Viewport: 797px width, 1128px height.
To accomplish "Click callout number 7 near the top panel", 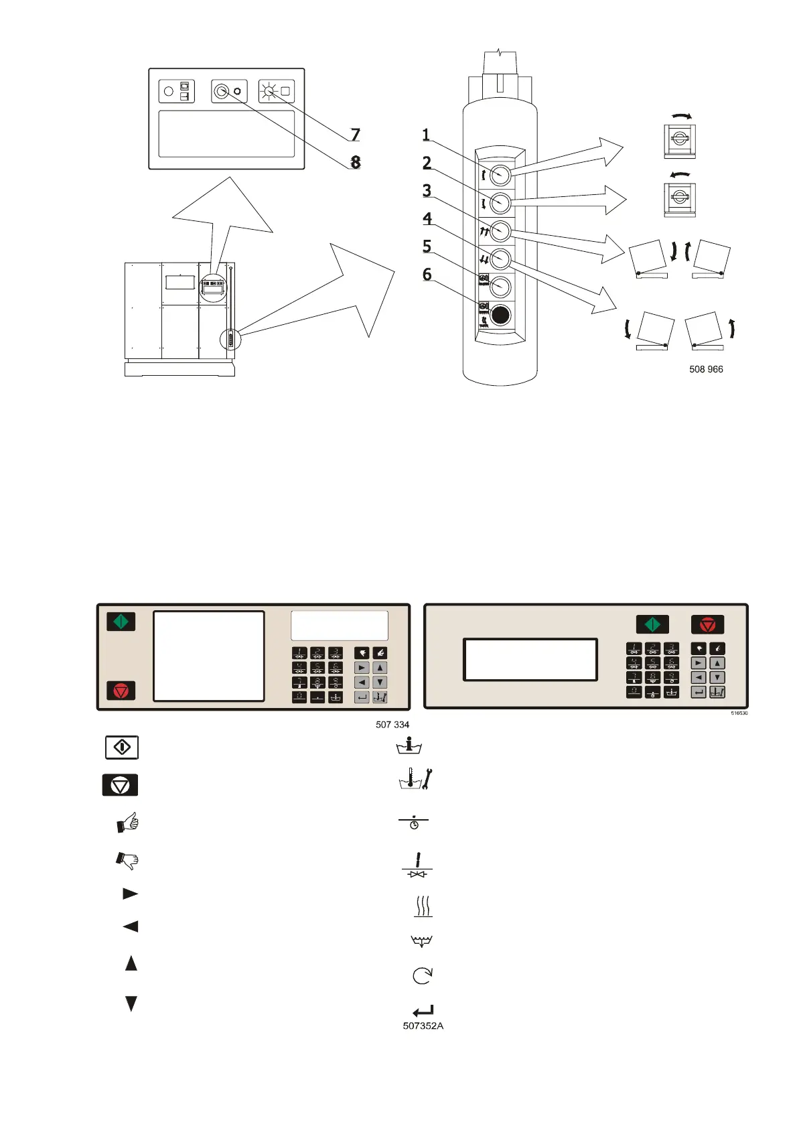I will tap(356, 135).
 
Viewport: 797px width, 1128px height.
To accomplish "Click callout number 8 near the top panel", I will tap(356, 162).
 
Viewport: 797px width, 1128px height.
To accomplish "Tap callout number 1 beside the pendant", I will tap(426, 135).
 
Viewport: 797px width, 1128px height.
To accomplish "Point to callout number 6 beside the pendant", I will tap(427, 274).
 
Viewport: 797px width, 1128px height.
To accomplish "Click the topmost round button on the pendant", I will tap(500, 175).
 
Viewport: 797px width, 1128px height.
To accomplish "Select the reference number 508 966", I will tap(706, 369).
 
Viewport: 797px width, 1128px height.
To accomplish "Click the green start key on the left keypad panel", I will tap(121, 622).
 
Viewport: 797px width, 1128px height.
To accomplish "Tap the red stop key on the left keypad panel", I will tap(121, 690).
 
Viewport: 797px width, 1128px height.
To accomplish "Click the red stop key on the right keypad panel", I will tap(707, 624).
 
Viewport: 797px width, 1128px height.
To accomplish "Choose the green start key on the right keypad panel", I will tap(652, 624).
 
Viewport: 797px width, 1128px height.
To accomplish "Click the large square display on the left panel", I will tap(209, 656).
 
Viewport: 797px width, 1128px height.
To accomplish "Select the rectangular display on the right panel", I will tap(530, 660).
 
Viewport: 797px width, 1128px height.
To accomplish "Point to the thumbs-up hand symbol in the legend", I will tap(127, 822).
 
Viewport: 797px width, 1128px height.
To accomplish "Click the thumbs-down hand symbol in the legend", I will tap(127, 859).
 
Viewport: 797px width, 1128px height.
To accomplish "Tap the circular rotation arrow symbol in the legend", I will tap(422, 975).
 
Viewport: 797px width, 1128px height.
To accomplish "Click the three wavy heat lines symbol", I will tap(423, 906).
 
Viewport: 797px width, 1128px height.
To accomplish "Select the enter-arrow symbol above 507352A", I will tap(423, 1011).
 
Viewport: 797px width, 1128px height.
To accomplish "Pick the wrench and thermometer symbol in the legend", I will tap(416, 779).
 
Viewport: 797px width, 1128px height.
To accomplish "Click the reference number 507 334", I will tap(392, 724).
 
